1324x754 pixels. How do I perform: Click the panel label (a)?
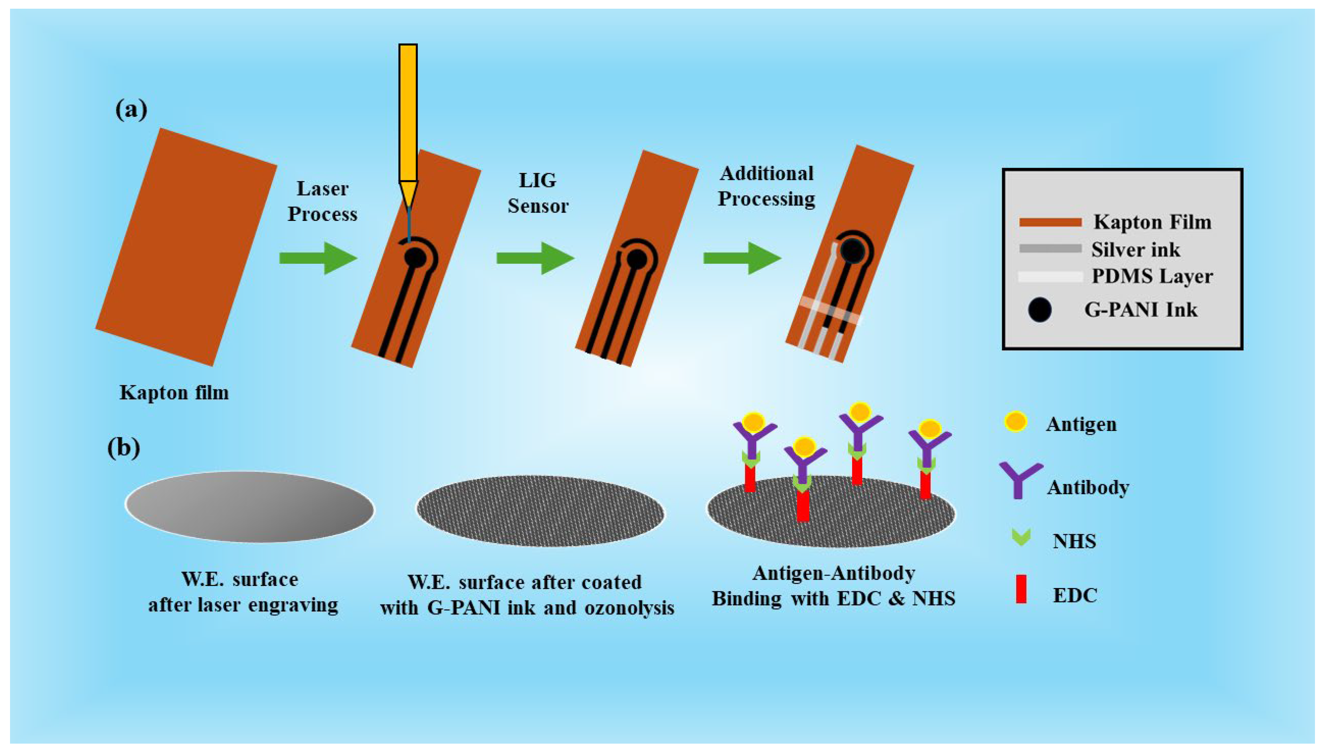click(131, 110)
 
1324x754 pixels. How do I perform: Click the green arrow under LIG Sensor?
click(535, 258)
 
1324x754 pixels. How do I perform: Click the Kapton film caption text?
click(174, 393)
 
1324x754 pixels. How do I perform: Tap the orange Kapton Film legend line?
click(1050, 223)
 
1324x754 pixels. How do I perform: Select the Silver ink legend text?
click(1136, 250)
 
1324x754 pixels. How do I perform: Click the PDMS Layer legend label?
click(1152, 276)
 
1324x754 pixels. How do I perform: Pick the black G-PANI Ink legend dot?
click(1039, 310)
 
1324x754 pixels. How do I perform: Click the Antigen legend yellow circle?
click(1016, 422)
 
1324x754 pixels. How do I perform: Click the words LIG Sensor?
click(538, 193)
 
